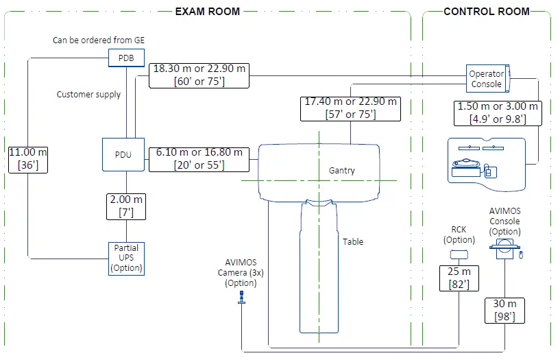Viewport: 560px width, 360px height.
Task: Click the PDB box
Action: pos(126,58)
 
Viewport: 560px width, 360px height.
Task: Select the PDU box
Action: pos(123,155)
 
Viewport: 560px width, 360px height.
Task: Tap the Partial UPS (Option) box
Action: pos(126,259)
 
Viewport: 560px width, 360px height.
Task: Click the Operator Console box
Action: pos(488,79)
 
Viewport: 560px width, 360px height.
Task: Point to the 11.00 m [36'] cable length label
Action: pos(28,160)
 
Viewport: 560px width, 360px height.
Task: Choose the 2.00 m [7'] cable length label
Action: pos(126,207)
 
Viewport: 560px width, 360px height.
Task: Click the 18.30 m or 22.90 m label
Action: pos(199,75)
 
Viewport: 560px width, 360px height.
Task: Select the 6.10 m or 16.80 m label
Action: pos(199,159)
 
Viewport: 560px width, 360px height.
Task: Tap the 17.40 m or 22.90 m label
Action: pos(350,108)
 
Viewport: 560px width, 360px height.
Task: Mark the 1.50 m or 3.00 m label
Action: pos(498,113)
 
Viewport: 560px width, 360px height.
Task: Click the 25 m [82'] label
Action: pos(459,278)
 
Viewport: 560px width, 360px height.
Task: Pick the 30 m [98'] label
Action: pos(504,311)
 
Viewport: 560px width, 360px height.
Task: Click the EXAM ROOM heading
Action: pos(208,12)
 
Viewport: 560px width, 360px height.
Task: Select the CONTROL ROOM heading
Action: pos(487,12)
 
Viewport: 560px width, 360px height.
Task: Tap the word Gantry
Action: pos(342,171)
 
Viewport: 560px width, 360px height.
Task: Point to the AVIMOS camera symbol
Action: pos(241,297)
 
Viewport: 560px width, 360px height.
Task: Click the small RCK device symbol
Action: pos(459,254)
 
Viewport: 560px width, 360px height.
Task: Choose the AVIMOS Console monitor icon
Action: pos(504,248)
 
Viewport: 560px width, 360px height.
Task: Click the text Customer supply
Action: pos(88,95)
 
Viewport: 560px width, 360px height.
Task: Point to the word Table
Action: pos(353,242)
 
